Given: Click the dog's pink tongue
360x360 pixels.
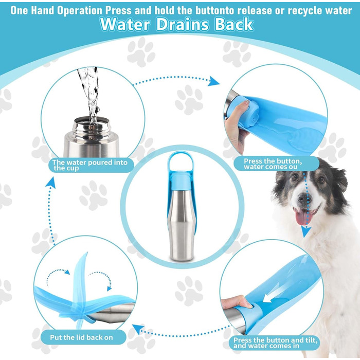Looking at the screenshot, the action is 303,217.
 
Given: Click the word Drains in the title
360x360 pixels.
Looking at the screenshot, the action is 182,24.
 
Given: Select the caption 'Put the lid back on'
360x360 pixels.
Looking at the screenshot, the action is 81,337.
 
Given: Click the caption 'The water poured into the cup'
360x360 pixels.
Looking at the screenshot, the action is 90,165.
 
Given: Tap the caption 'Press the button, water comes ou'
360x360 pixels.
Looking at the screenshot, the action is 273,164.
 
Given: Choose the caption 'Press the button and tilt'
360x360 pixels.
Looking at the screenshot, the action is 275,340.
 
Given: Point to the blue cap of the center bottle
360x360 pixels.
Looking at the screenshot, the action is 180,181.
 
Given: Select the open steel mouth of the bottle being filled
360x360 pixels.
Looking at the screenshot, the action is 92,121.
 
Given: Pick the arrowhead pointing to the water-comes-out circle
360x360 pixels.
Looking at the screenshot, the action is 213,81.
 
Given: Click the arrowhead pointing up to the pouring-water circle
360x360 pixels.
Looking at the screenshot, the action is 51,183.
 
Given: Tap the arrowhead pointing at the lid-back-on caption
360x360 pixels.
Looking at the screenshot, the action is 138,329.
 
